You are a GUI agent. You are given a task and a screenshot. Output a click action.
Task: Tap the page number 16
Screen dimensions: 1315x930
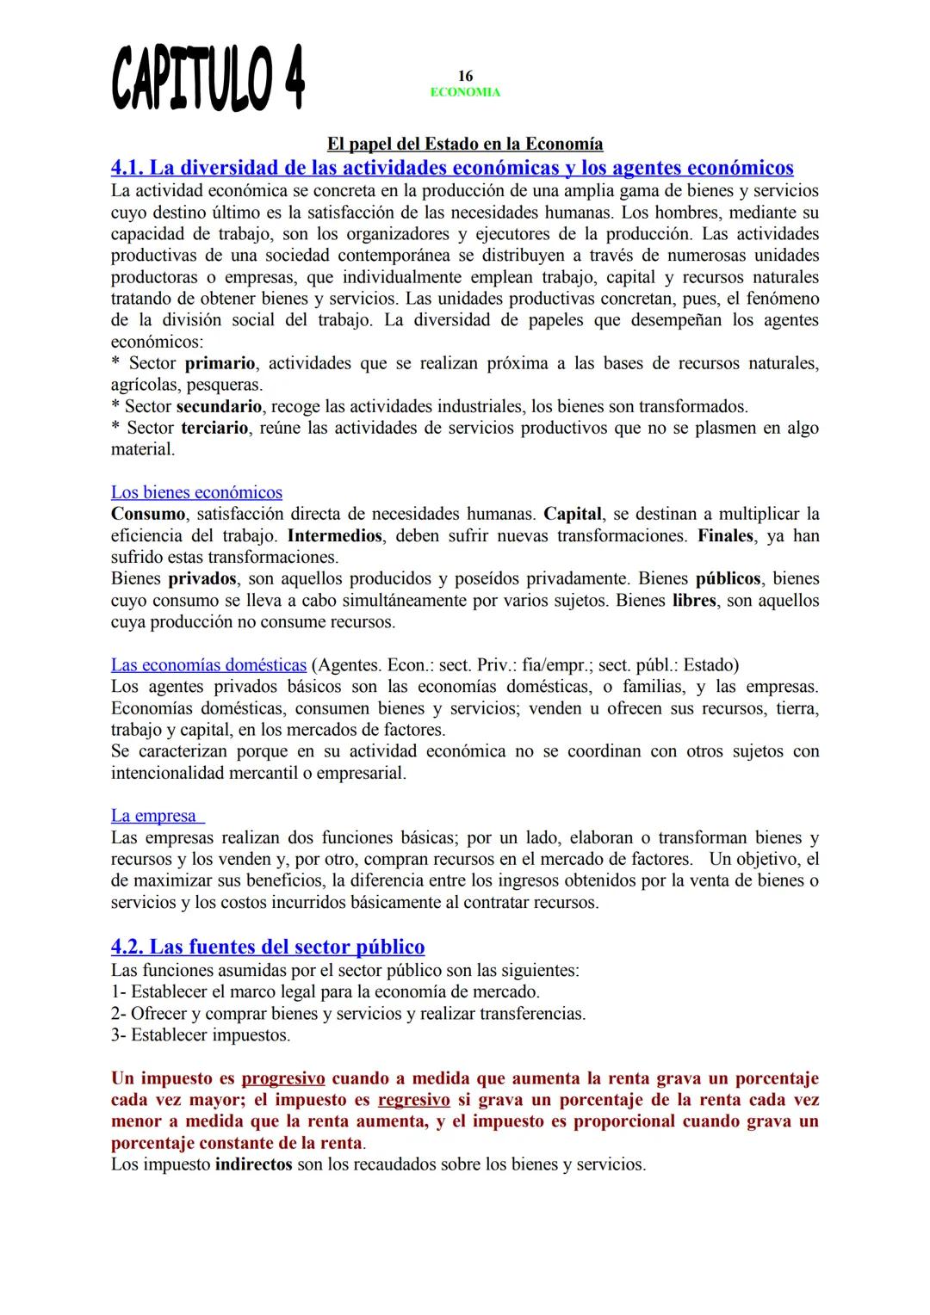click(x=465, y=77)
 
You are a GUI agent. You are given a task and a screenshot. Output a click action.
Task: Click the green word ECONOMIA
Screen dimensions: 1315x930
click(x=465, y=92)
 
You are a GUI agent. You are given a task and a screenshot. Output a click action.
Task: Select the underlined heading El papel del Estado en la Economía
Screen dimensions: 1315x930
click(x=465, y=144)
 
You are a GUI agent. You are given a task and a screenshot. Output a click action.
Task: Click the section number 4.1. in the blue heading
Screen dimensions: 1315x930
click(x=129, y=167)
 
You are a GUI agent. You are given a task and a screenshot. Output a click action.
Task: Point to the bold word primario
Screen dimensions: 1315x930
click(x=220, y=363)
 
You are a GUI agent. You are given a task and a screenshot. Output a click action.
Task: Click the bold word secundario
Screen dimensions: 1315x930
click(x=219, y=406)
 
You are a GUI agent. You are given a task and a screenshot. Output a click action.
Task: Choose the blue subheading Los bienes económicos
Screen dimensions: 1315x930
click(x=196, y=492)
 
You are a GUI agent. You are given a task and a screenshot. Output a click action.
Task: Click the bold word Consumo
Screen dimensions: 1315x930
click(x=148, y=514)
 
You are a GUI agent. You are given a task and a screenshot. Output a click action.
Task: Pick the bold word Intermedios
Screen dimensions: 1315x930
click(x=335, y=535)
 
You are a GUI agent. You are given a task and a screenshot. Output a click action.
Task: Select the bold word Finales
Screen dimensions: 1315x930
click(x=725, y=535)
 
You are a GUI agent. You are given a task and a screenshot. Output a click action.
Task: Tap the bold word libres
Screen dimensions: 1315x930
click(x=694, y=600)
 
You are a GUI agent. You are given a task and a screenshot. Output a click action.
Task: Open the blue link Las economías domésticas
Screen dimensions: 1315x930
click(x=208, y=664)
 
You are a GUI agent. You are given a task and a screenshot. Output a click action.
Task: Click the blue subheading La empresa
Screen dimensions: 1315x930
click(x=155, y=815)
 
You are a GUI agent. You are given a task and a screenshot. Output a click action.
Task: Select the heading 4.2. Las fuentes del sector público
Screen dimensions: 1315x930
click(x=268, y=947)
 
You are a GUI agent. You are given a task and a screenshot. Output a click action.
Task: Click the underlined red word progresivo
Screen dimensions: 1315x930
click(x=283, y=1078)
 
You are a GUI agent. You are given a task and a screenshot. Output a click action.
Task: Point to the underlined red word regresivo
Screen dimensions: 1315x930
click(x=413, y=1100)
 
